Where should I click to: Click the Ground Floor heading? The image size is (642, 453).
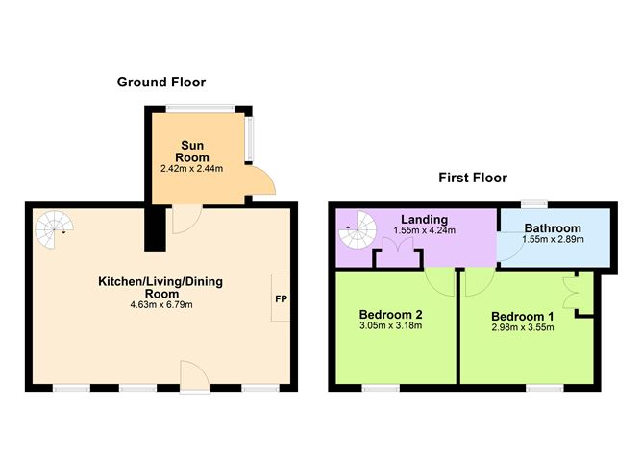(160, 83)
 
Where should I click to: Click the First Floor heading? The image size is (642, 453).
(472, 178)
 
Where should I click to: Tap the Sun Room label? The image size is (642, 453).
(190, 152)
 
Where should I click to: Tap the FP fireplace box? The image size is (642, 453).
(282, 298)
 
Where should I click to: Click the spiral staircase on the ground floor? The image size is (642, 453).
(53, 227)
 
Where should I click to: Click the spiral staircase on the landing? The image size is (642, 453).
(358, 229)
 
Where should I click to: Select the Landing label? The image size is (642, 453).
(424, 218)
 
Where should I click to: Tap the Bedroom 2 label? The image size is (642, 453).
(391, 314)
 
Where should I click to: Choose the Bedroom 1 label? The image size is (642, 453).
(523, 317)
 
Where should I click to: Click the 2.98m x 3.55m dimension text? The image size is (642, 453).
(523, 329)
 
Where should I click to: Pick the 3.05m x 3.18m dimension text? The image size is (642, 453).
(391, 326)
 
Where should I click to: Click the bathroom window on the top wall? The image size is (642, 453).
(534, 203)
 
